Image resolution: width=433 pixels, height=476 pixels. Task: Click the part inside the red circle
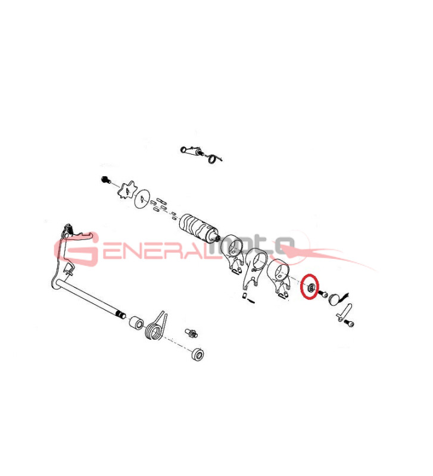pyautogui.click(x=310, y=288)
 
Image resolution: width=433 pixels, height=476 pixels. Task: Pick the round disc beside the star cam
pyautogui.click(x=142, y=199)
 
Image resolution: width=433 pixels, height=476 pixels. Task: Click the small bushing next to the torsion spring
pyautogui.click(x=137, y=323)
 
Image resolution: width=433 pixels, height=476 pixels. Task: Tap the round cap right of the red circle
pyautogui.click(x=338, y=296)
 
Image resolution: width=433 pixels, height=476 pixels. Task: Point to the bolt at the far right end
pyautogui.click(x=349, y=322)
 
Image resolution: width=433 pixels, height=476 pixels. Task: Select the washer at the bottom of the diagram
pyautogui.click(x=197, y=354)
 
